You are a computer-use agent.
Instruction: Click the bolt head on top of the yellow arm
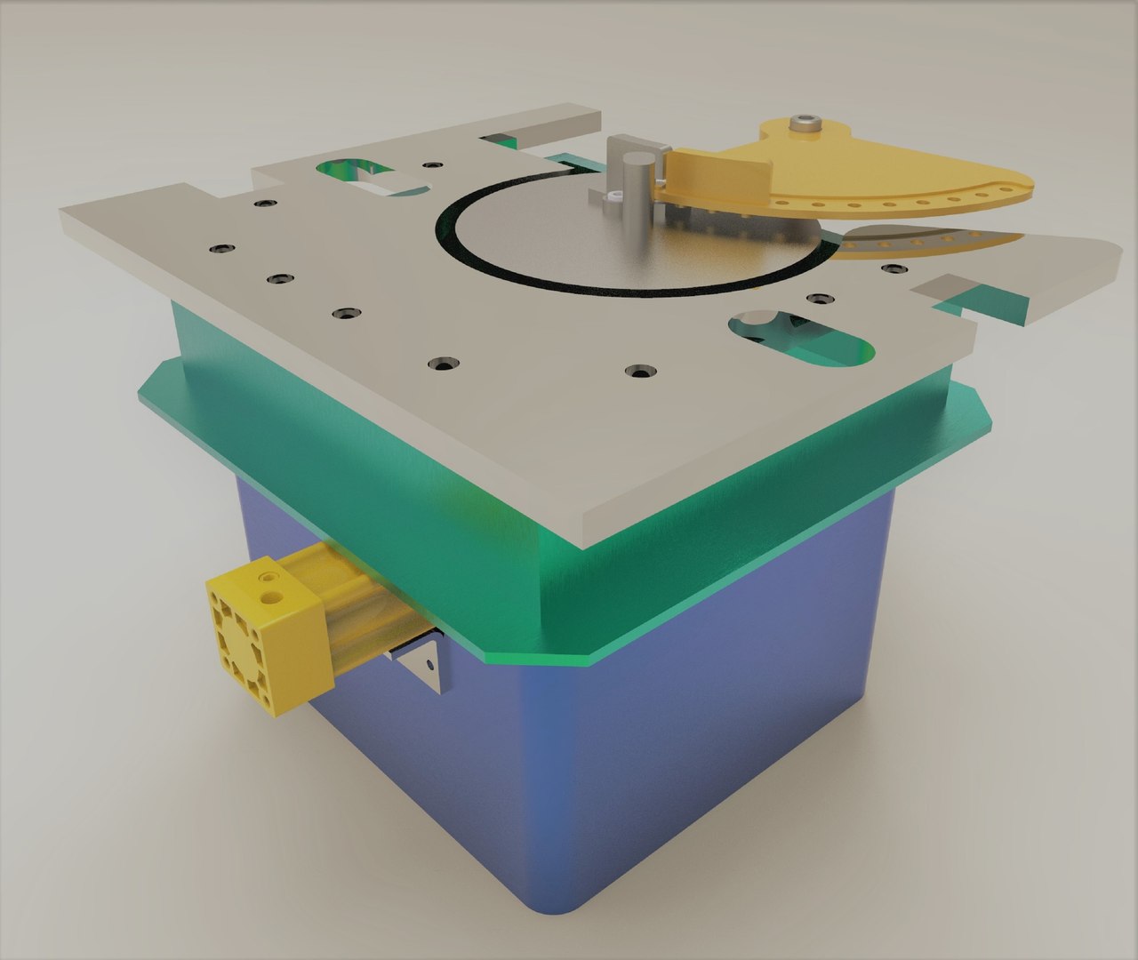tap(805, 124)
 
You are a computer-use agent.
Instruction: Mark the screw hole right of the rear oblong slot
tap(432, 165)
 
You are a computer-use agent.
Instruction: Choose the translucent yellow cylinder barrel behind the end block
tap(356, 596)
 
